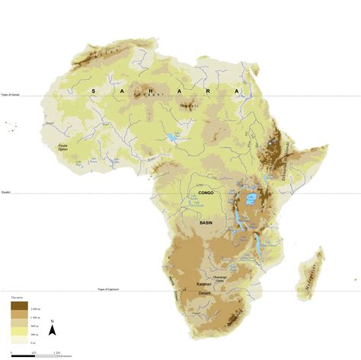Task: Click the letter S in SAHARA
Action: coord(93,90)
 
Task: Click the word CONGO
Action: coord(206,193)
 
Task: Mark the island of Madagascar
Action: coord(309,273)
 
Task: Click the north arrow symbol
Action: coord(51,329)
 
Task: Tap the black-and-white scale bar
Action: coord(34,351)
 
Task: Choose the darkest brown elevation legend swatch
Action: coord(18,304)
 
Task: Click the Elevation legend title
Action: coord(18,297)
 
